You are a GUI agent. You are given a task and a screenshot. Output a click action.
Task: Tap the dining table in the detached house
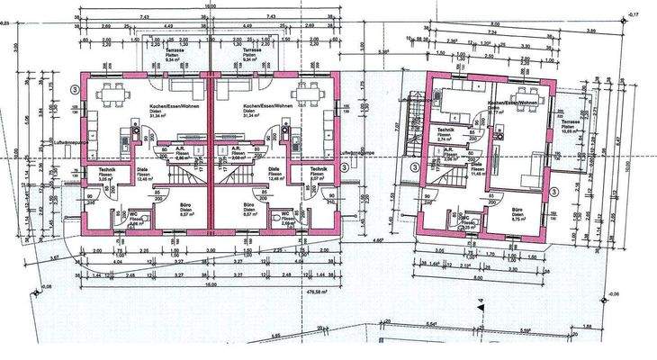[x=521, y=96]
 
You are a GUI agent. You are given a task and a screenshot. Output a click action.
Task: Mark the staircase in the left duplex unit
[x=184, y=171]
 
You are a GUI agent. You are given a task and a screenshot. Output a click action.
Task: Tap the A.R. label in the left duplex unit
[x=179, y=149]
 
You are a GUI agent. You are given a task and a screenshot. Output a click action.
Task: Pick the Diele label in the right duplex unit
[x=274, y=168]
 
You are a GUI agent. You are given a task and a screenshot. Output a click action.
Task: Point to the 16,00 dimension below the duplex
[x=211, y=284]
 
